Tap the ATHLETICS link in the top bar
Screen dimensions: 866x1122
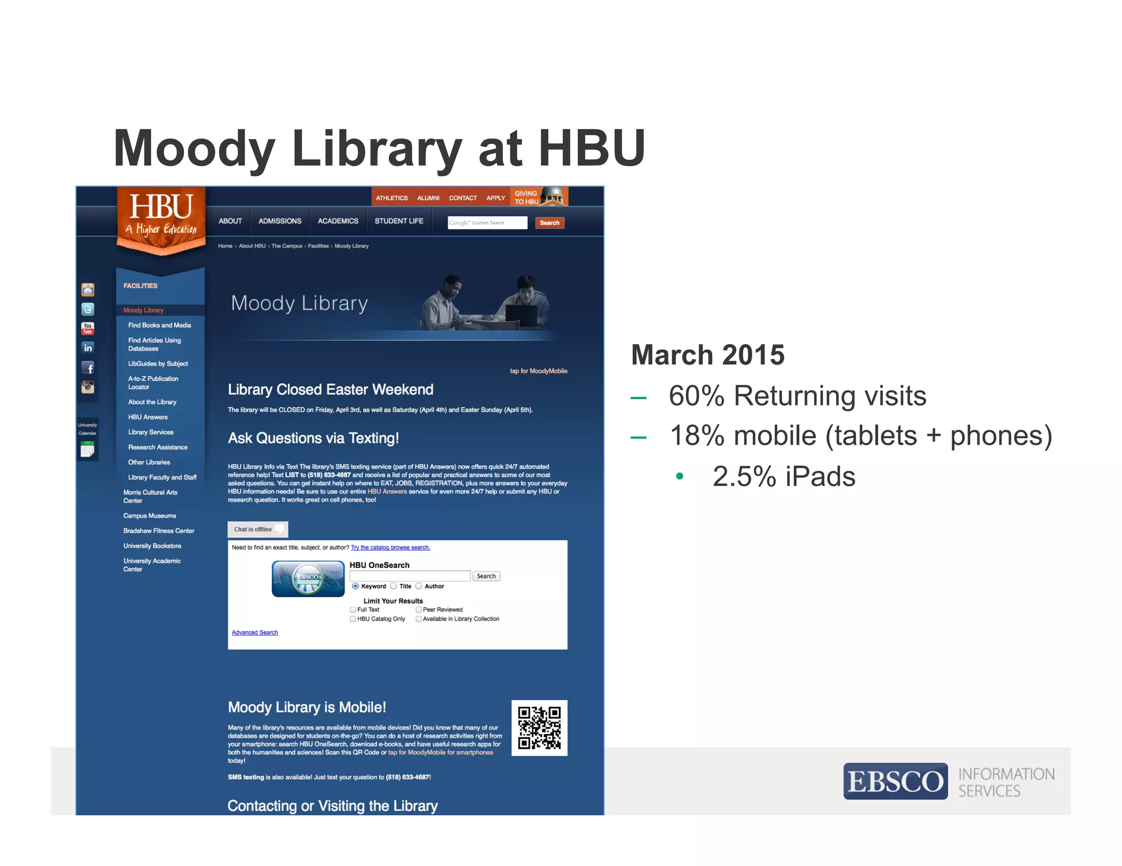tap(391, 198)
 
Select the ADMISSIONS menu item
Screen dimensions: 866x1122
tap(279, 221)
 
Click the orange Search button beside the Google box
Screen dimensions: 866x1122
tap(549, 223)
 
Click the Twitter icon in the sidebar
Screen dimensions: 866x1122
tap(88, 309)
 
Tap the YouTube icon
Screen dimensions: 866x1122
tap(88, 328)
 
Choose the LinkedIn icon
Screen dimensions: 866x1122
tap(88, 348)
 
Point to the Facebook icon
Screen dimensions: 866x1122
tap(88, 367)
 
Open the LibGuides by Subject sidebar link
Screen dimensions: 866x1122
tap(158, 363)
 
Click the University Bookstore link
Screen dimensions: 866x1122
tap(152, 546)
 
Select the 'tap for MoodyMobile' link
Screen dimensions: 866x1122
tap(539, 371)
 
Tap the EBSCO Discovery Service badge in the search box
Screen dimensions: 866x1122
tap(308, 579)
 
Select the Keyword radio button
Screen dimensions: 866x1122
tap(356, 586)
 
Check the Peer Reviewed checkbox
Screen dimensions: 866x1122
tap(419, 610)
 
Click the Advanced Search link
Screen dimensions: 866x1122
tap(255, 633)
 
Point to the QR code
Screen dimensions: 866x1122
tap(539, 728)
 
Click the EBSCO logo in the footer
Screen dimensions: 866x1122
tap(895, 781)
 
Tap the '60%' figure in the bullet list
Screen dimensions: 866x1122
tap(696, 396)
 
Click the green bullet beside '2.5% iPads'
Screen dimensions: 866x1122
tap(680, 476)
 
